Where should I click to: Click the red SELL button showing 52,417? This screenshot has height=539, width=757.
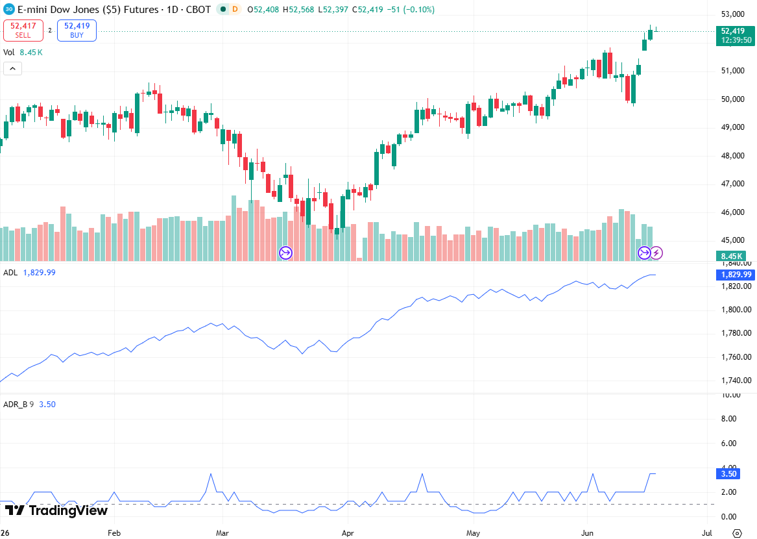pos(23,31)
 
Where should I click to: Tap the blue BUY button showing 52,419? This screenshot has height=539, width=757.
pos(77,31)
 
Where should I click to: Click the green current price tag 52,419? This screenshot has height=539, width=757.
pos(736,35)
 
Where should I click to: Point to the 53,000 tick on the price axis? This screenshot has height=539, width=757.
pos(733,14)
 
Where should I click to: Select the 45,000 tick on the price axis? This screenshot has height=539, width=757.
pos(733,240)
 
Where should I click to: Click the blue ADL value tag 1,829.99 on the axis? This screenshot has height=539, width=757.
pos(736,275)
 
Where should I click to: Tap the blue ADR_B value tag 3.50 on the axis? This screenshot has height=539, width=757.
pos(728,474)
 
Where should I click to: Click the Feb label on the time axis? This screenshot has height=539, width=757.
pos(114,533)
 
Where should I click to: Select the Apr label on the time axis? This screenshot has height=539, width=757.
pos(348,533)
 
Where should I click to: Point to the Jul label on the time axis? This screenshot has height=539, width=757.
pos(707,533)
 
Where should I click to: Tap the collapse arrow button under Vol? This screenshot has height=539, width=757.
pos(12,69)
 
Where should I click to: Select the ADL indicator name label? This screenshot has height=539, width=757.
pos(10,273)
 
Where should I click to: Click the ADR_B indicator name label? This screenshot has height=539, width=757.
pos(16,405)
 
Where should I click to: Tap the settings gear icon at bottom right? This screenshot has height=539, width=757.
pos(737,533)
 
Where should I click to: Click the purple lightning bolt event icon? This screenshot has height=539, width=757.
pos(656,253)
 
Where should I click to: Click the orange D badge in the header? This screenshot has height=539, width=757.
pos(235,9)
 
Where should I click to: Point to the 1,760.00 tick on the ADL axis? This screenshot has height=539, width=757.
pos(736,357)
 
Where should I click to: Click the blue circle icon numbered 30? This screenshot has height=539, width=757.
pos(8,9)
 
